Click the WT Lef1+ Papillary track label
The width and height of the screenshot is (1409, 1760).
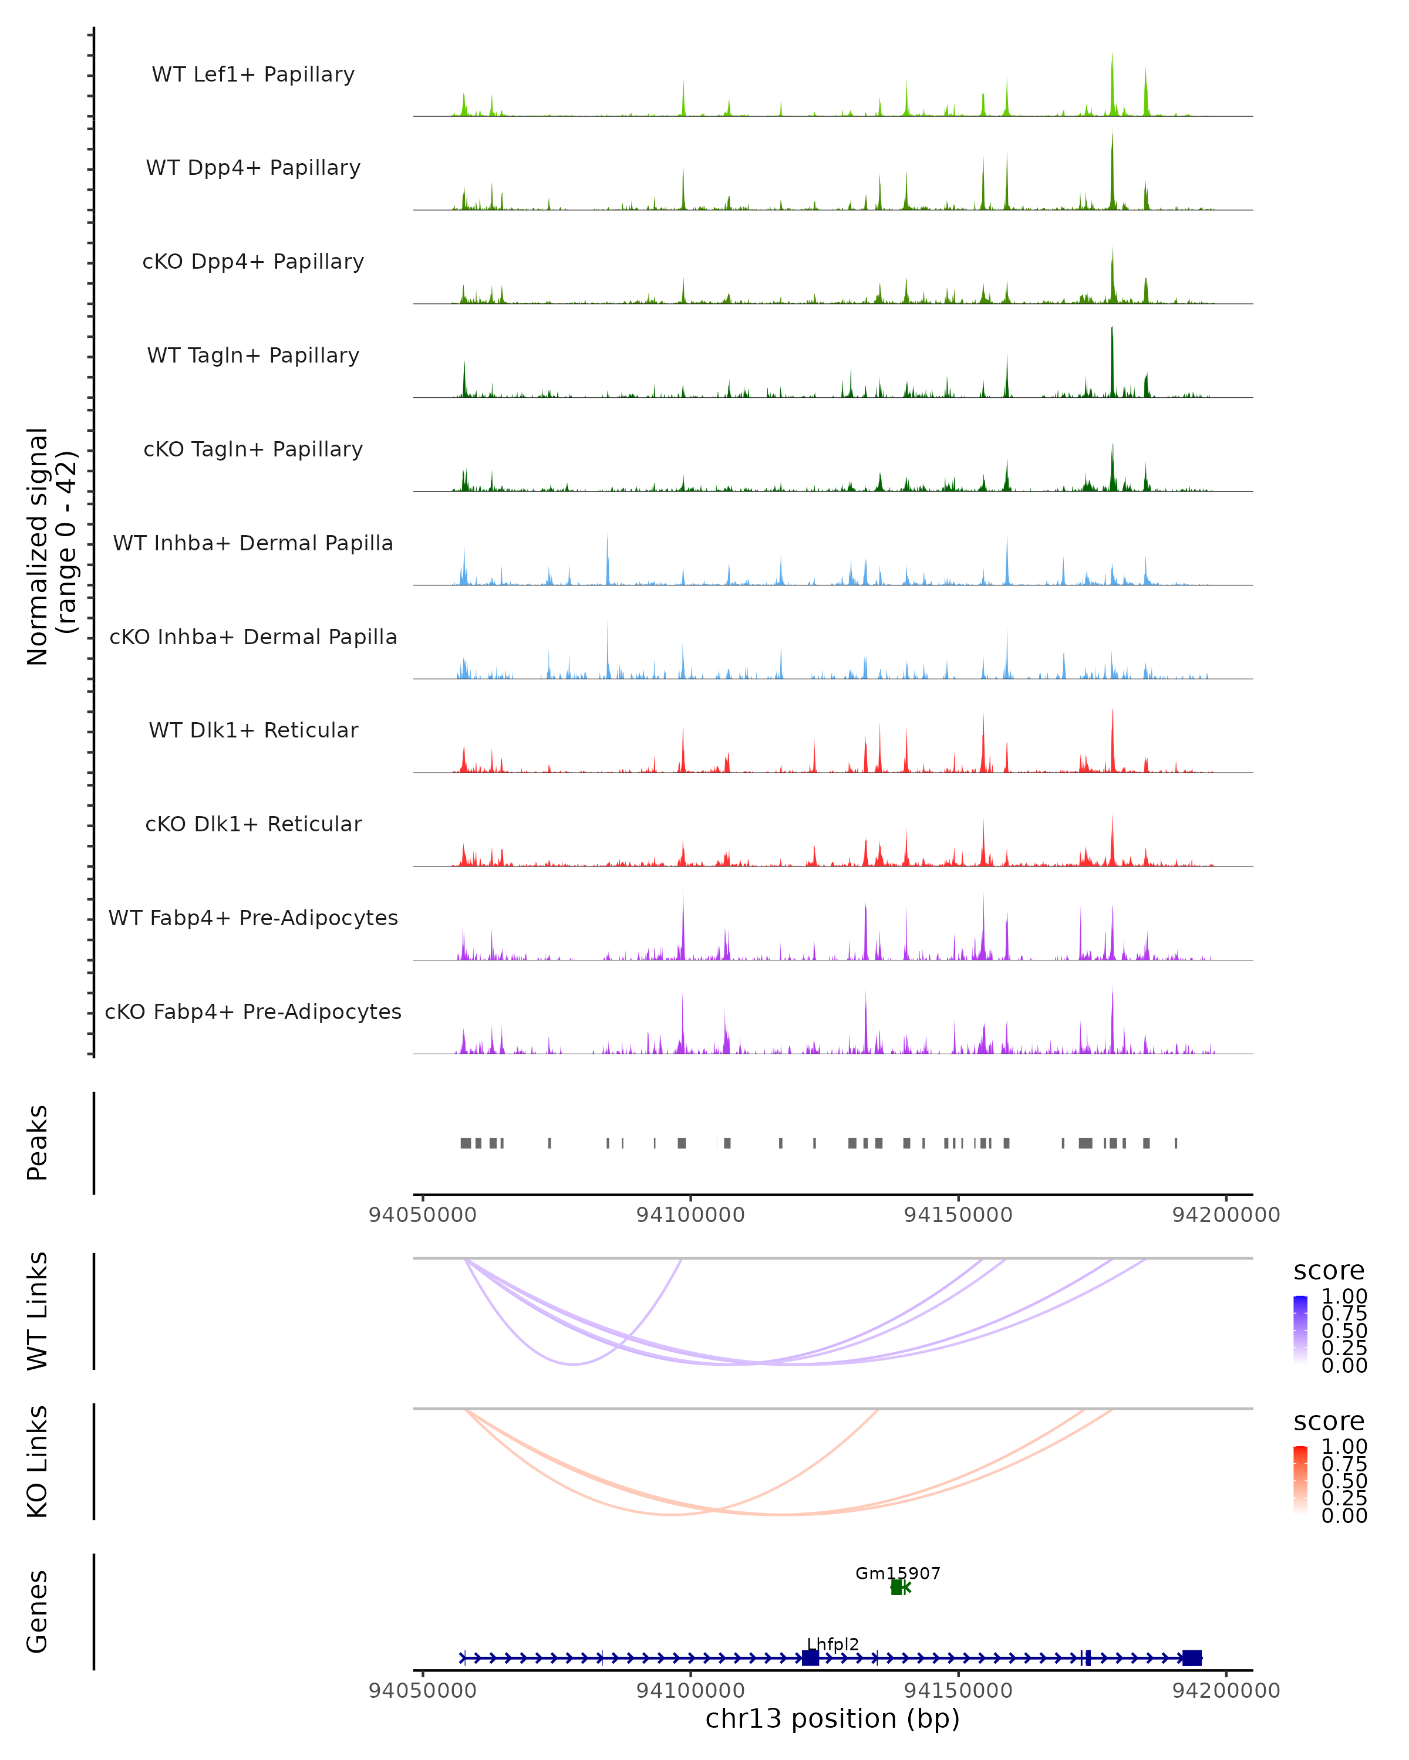253,75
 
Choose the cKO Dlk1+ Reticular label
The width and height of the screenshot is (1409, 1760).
253,824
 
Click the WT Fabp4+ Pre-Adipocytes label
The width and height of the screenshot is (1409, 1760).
253,918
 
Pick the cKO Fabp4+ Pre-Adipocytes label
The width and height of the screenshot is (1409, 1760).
253,1011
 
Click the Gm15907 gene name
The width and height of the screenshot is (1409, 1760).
898,1573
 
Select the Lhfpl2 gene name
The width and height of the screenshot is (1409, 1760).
832,1644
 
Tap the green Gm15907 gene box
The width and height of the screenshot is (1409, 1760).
896,1588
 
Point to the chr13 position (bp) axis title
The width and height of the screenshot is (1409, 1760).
832,1718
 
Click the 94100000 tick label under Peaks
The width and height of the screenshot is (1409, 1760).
690,1215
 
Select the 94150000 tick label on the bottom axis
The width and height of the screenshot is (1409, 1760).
958,1690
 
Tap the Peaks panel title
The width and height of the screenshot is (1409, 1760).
38,1143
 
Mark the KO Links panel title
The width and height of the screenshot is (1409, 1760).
38,1462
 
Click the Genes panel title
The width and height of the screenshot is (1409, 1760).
38,1612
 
